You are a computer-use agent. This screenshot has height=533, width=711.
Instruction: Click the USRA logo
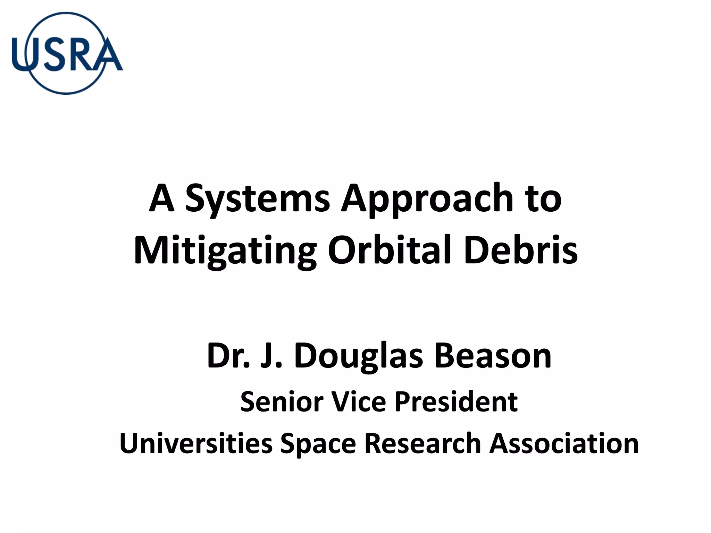pyautogui.click(x=67, y=53)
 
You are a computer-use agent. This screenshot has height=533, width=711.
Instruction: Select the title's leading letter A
pyautogui.click(x=162, y=198)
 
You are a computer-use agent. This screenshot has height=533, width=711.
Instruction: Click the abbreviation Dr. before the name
pyautogui.click(x=228, y=356)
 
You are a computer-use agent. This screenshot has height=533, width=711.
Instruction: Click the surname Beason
pyautogui.click(x=493, y=356)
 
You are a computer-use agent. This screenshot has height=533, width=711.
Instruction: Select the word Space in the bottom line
pyautogui.click(x=318, y=445)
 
